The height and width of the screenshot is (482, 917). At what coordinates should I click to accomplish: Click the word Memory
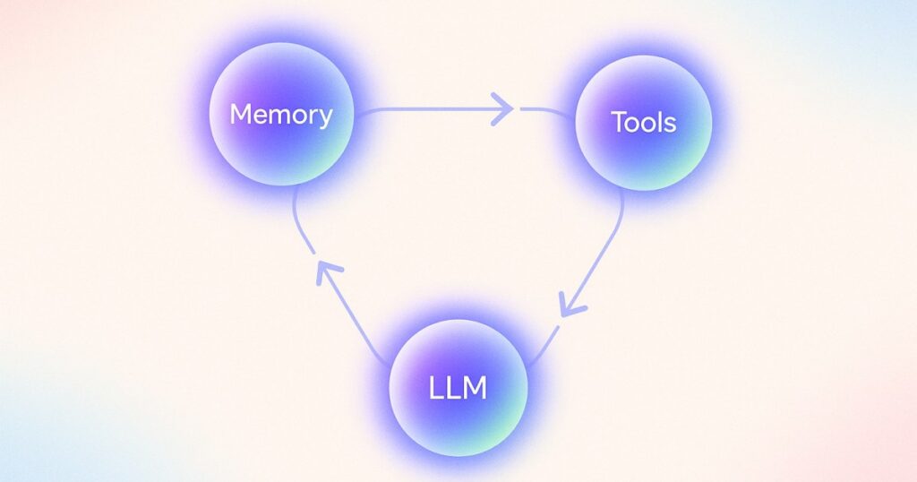coord(281,115)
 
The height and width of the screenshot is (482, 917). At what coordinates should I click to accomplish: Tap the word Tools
coord(644,122)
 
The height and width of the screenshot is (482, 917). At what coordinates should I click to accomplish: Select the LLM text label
coord(458,388)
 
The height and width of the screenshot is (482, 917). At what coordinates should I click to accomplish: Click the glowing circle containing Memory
coord(281,114)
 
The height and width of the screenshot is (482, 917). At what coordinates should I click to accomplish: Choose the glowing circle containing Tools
coord(643,122)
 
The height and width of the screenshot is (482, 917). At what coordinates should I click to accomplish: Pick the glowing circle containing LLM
coord(458,387)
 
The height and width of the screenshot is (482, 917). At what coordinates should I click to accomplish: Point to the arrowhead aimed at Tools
coord(502,108)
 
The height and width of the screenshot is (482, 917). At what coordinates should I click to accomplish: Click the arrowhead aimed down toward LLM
coord(571,305)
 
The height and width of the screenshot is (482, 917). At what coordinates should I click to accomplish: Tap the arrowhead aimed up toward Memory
coord(328,272)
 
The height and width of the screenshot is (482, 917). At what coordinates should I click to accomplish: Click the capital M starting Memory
coord(240,114)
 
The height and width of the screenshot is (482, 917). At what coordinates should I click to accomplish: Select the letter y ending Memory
coord(325,119)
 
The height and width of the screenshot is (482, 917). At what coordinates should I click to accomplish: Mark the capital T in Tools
coord(620,122)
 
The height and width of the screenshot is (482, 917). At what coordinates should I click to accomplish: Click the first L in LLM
coord(436,388)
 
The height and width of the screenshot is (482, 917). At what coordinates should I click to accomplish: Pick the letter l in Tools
coord(659,122)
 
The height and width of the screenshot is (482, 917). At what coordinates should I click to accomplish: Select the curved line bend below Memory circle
coord(299,219)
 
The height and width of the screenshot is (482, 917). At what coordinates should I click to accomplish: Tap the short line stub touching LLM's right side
coord(544,346)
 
